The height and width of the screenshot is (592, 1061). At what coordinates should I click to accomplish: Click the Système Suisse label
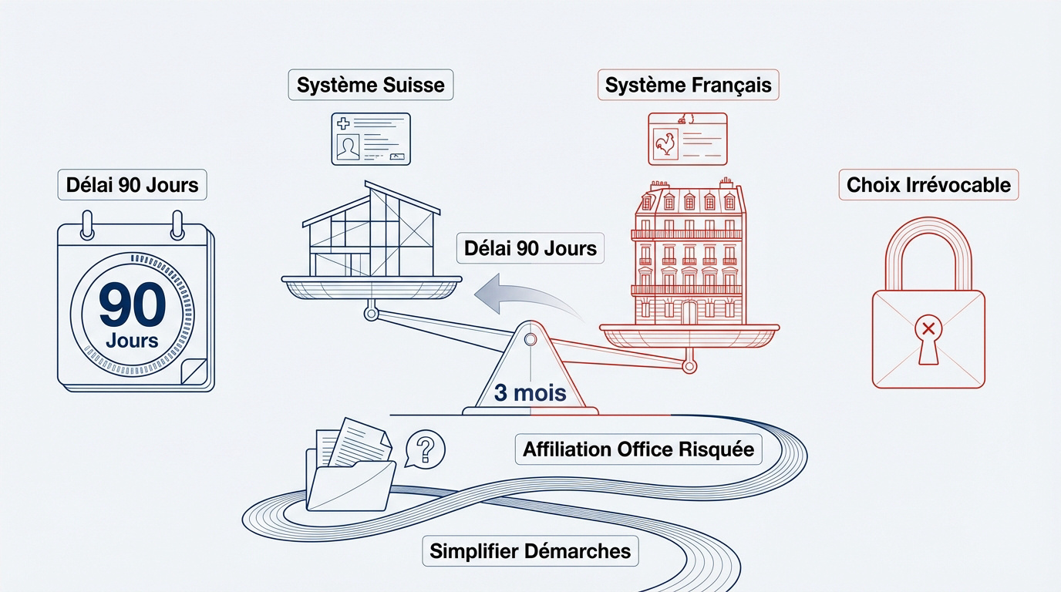(370, 85)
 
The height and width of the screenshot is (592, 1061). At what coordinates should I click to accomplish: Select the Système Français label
(688, 85)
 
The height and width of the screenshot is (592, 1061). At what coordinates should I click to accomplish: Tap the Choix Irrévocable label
(928, 185)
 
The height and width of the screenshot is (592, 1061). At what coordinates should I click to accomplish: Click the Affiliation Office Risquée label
(638, 449)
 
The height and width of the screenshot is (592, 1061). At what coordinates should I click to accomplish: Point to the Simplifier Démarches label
(530, 551)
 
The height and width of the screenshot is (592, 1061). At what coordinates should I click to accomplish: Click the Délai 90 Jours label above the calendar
(132, 185)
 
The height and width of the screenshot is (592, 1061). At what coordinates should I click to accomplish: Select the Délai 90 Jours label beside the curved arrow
(530, 248)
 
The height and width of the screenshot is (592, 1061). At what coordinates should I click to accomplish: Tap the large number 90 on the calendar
(132, 304)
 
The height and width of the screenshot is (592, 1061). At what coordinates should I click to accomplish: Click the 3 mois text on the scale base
(530, 392)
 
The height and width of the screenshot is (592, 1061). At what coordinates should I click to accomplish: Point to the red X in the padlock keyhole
(928, 328)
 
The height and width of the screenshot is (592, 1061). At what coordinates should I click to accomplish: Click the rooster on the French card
(665, 144)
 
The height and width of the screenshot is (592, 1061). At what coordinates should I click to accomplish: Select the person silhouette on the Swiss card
(348, 148)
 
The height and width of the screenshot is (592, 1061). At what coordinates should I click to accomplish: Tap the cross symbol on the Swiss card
(343, 123)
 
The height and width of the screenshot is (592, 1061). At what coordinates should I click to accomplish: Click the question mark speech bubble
(425, 449)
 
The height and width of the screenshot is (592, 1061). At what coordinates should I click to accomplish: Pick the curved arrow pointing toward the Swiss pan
(527, 294)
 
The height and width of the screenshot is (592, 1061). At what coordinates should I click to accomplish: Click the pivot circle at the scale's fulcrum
(530, 340)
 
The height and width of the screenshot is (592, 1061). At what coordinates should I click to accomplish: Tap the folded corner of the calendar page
(194, 372)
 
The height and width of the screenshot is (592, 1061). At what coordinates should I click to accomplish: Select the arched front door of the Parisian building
(689, 313)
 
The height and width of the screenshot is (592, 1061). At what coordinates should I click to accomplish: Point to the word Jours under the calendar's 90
(132, 341)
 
